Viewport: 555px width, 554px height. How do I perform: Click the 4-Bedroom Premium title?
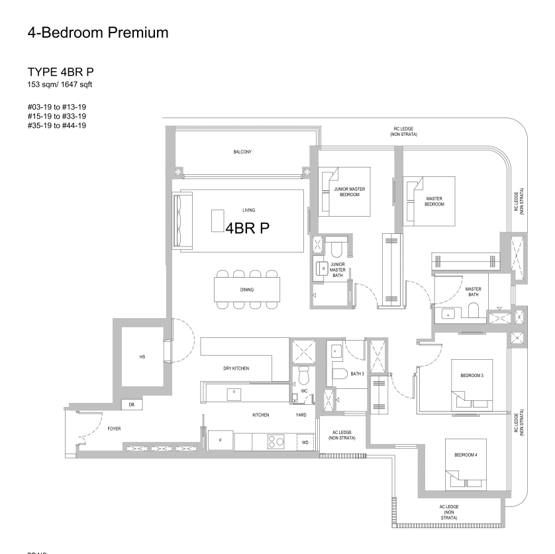point(98,32)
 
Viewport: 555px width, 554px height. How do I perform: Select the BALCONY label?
point(242,152)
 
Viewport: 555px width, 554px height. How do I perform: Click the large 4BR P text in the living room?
point(247,228)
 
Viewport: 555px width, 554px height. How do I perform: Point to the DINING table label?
point(247,290)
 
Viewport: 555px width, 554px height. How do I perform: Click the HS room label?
point(142,357)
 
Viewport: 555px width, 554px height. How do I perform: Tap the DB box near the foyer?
point(131,405)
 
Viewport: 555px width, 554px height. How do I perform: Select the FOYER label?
point(114,429)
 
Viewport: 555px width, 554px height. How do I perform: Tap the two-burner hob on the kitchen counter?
point(276,441)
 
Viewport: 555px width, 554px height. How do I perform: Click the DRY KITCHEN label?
point(236,368)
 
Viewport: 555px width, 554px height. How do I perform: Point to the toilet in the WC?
point(304,376)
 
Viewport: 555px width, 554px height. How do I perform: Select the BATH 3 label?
point(358,374)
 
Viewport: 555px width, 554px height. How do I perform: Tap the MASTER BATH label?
point(473,292)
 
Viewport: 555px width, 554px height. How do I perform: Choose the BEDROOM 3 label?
point(472,376)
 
